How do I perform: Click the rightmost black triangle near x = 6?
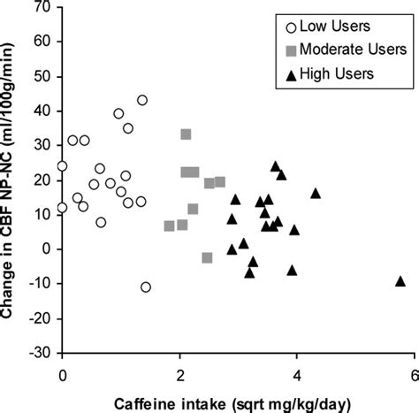pyautogui.click(x=400, y=280)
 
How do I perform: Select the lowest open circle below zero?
pyautogui.click(x=146, y=287)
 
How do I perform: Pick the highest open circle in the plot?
pyautogui.click(x=142, y=100)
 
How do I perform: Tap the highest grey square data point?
pyautogui.click(x=186, y=134)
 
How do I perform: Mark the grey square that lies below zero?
pyautogui.click(x=207, y=257)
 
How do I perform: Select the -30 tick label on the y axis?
pyautogui.click(x=40, y=353)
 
